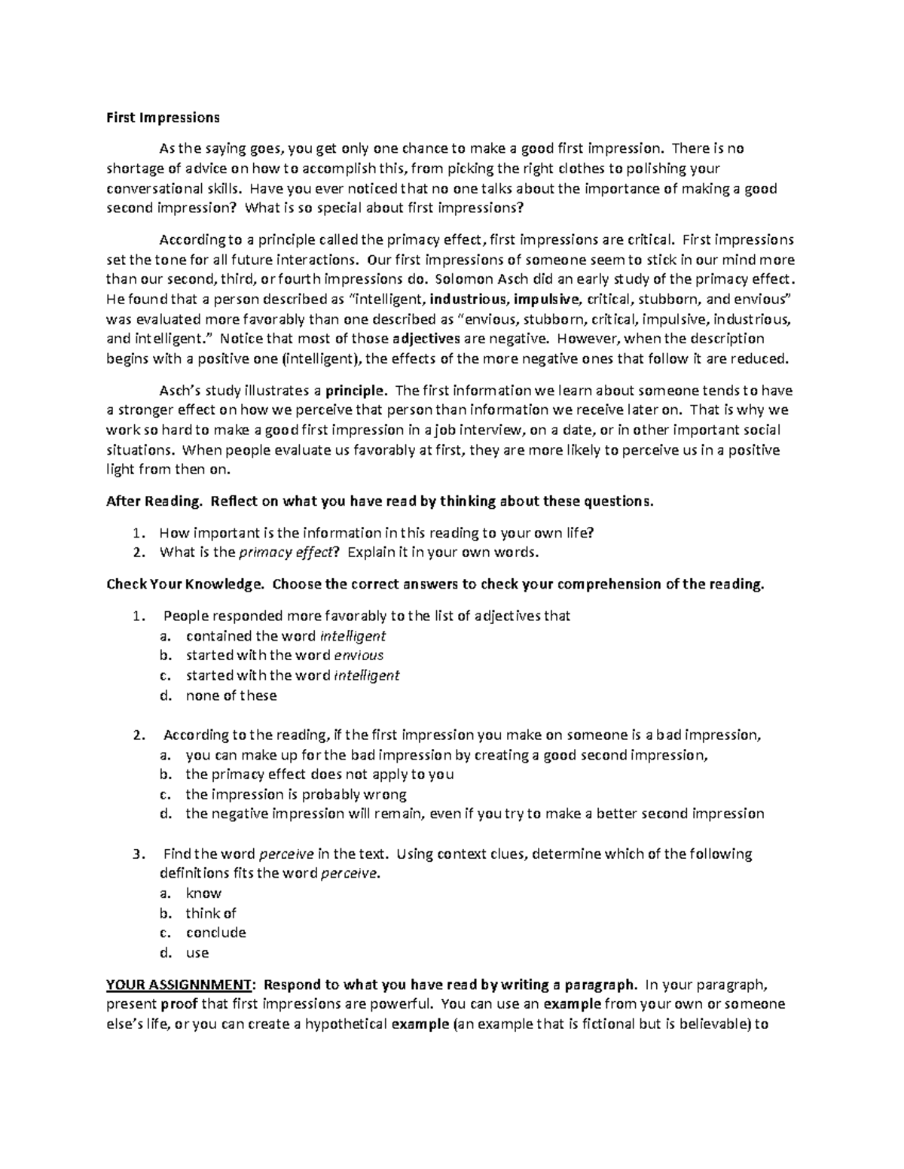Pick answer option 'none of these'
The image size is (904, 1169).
tap(231, 696)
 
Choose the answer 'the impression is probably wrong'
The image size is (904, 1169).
tap(296, 794)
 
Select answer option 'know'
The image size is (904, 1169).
tap(203, 893)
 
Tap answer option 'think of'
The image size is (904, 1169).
tap(211, 913)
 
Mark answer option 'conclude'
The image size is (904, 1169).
tap(216, 933)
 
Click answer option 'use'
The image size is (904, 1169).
tap(197, 952)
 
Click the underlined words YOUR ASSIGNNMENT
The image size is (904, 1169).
tap(178, 985)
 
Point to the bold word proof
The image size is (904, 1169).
tap(180, 1004)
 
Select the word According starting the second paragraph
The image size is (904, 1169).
tap(192, 240)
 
